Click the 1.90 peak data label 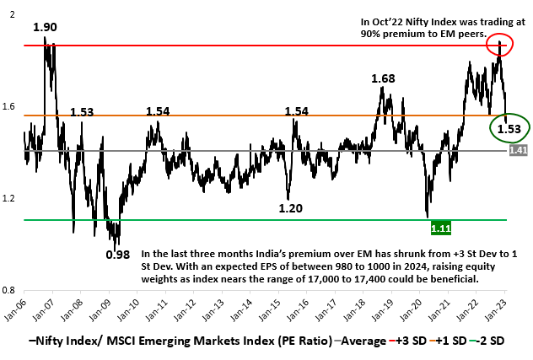[x=45, y=27]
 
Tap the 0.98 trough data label [x=117, y=254]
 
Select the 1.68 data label [x=384, y=78]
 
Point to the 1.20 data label [x=292, y=207]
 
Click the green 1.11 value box [x=440, y=227]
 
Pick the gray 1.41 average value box [x=519, y=150]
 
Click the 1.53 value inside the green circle [x=508, y=129]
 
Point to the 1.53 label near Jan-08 [x=83, y=112]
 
